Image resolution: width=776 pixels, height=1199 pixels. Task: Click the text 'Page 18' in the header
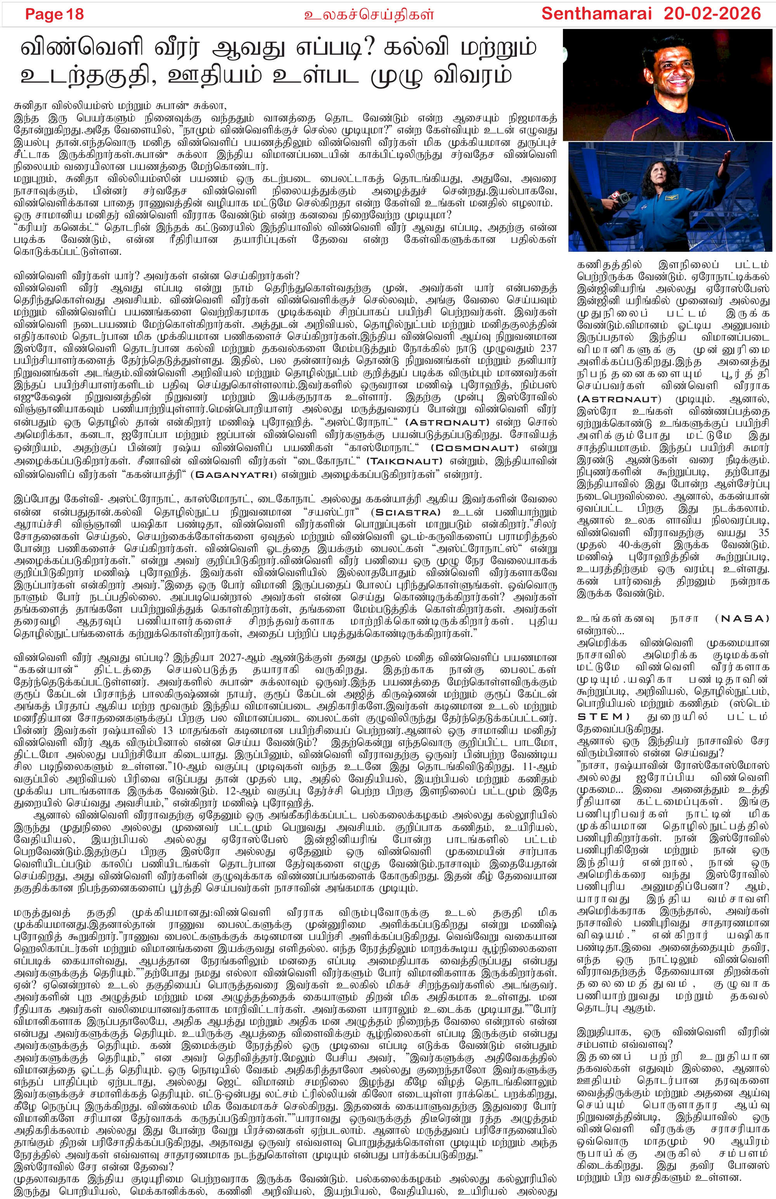click(x=54, y=14)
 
